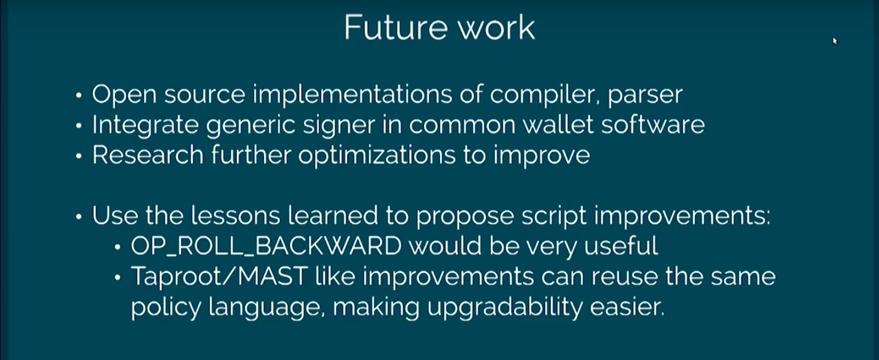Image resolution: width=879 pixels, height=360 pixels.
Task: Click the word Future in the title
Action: (396, 27)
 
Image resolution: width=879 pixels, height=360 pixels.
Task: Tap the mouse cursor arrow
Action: (835, 41)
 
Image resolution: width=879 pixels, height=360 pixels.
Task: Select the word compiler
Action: (545, 95)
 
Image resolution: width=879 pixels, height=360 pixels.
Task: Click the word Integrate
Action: (145, 126)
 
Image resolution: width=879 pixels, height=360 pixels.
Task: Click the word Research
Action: (148, 155)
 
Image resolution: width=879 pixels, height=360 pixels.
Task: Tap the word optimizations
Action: (376, 156)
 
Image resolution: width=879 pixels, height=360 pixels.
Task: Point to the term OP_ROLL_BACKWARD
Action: (266, 247)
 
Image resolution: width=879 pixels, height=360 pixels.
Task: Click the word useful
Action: (621, 246)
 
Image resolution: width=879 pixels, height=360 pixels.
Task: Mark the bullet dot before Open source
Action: (79, 96)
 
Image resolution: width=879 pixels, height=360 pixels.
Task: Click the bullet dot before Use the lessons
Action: (79, 217)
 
